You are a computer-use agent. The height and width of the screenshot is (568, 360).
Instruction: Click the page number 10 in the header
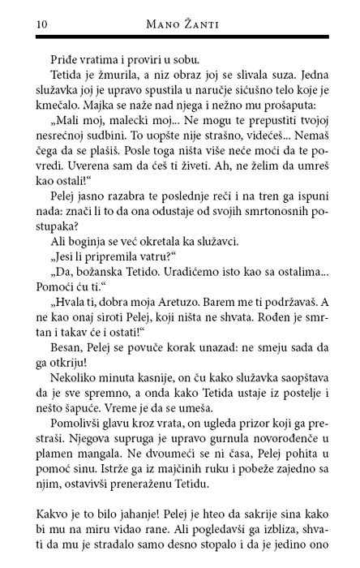point(19,24)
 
